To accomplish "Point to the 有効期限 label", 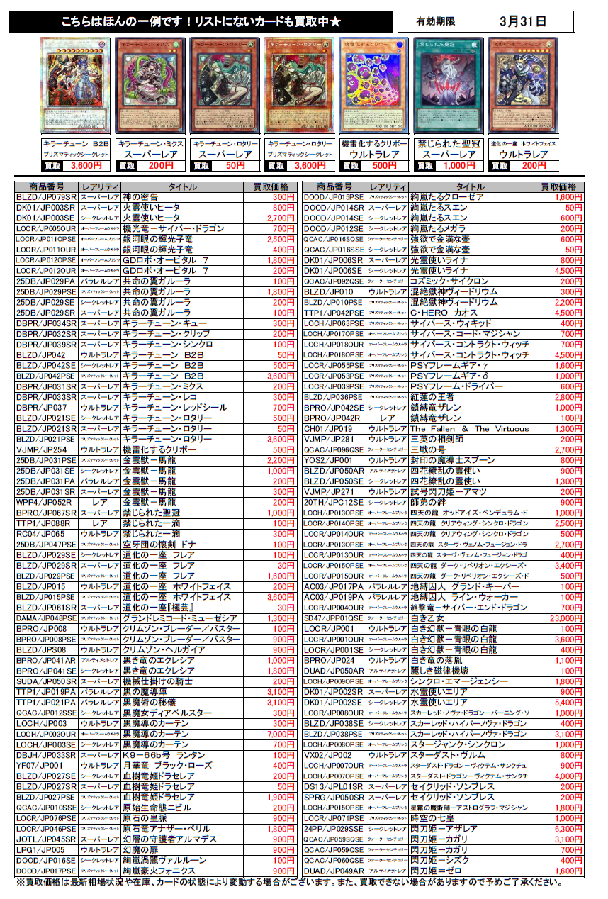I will coord(434,22).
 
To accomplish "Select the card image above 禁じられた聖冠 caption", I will coord(444,85).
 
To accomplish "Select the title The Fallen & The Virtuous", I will coord(469,429).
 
